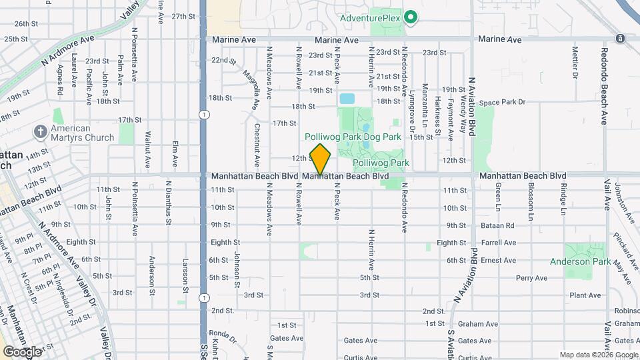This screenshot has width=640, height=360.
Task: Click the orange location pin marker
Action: tap(321, 159)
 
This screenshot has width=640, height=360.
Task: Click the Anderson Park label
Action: tap(579, 261)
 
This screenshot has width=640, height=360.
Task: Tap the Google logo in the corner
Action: tap(22, 351)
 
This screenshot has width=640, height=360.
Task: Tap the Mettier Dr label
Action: tap(575, 62)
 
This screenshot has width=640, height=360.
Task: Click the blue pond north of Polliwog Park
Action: tap(347, 99)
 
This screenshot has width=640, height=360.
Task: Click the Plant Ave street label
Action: tap(585, 295)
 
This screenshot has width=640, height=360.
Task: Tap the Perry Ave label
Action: tap(531, 277)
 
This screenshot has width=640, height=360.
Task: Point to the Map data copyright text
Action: tap(597, 355)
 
